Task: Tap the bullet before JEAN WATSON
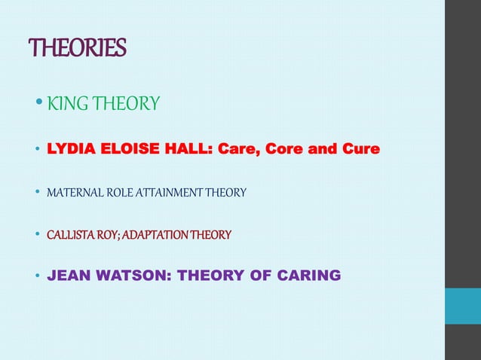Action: pyautogui.click(x=38, y=276)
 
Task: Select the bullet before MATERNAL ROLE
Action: pyautogui.click(x=38, y=193)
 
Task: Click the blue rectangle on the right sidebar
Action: pyautogui.click(x=462, y=306)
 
